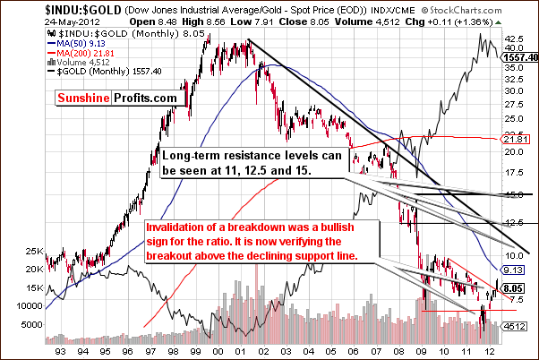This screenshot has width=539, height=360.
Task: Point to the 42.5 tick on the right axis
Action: coord(514,39)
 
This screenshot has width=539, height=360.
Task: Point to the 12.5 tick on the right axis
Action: coord(514,223)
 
